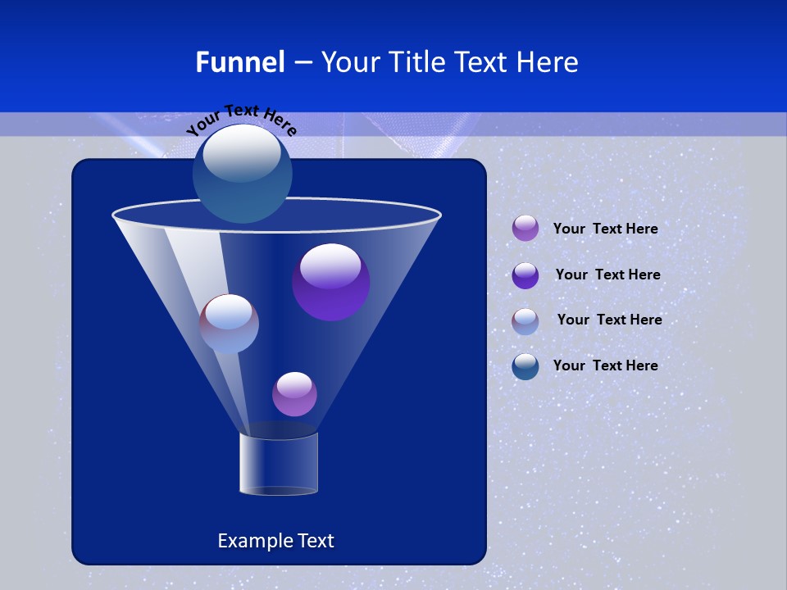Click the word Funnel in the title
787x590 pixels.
(239, 62)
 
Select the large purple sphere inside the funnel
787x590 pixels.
(331, 283)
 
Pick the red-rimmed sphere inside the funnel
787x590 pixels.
(230, 324)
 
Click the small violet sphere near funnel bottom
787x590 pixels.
(294, 394)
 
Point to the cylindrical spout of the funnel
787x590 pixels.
(279, 463)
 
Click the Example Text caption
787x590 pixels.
(275, 541)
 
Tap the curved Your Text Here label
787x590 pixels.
(241, 120)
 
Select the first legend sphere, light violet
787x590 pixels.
(525, 229)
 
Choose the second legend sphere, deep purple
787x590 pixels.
(525, 275)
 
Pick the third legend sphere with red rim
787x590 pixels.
(525, 321)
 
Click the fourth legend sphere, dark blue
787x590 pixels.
(525, 366)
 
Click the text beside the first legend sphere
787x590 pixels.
(605, 229)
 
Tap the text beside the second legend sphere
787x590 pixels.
(607, 275)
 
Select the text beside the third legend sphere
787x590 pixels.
(609, 320)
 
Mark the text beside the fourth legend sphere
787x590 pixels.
(605, 366)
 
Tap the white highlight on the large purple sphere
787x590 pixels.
(330, 264)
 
